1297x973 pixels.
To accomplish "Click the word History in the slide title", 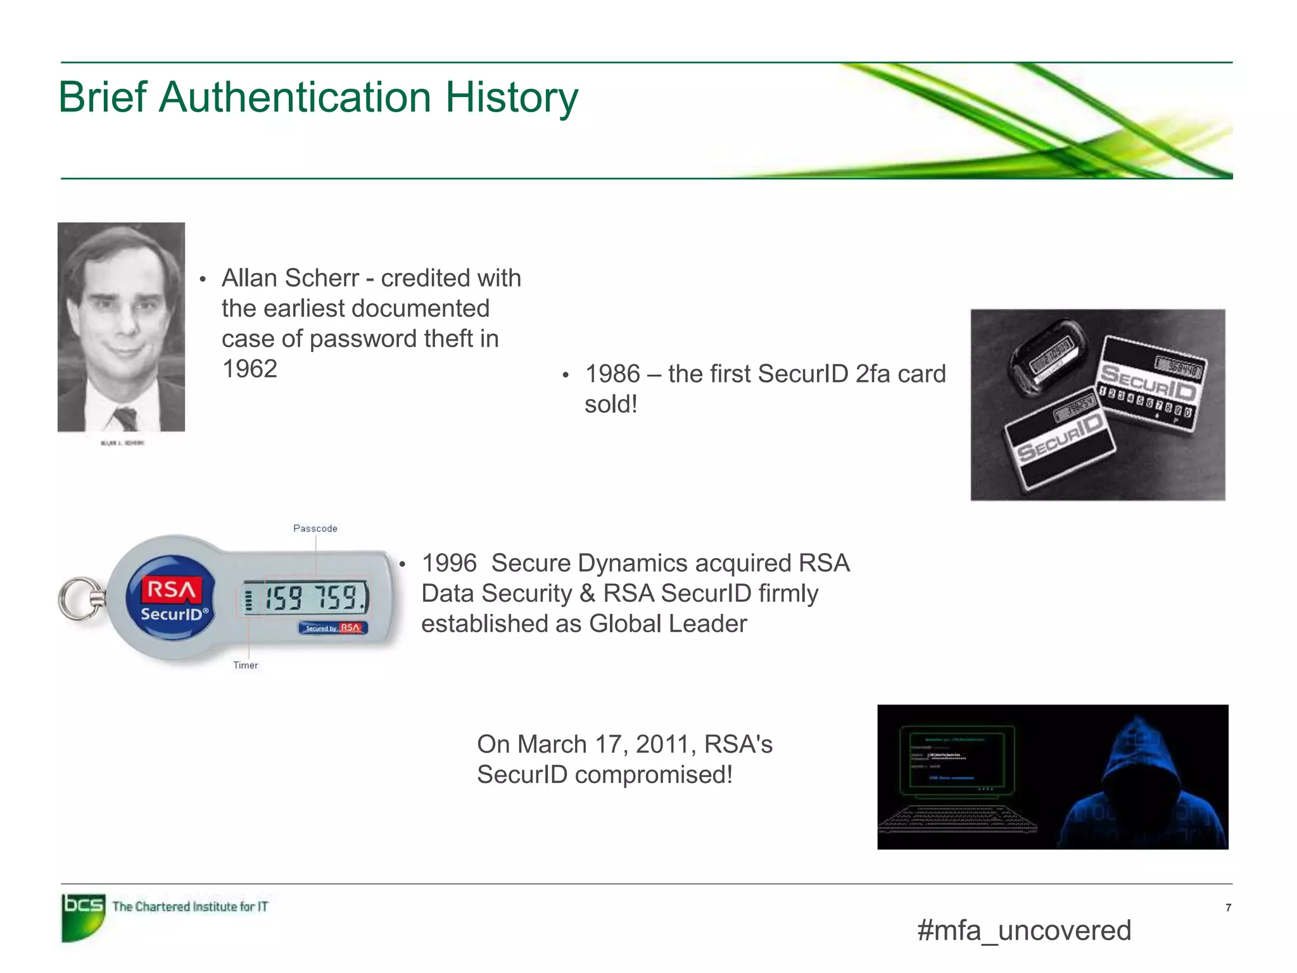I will click(x=511, y=98).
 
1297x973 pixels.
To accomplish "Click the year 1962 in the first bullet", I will click(x=250, y=369).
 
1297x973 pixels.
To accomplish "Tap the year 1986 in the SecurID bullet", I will click(x=612, y=374).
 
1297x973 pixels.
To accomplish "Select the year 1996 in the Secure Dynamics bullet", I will click(x=449, y=563).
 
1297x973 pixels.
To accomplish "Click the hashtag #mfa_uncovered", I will click(x=1024, y=931).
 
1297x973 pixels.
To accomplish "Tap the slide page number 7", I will click(x=1228, y=908).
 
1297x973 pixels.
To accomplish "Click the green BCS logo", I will click(x=83, y=916).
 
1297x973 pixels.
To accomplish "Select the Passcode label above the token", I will click(x=315, y=528).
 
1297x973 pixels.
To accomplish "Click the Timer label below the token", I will click(x=245, y=665).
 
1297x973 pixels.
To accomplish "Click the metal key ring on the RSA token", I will click(x=79, y=598).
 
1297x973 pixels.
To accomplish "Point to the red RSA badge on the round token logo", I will click(x=171, y=589).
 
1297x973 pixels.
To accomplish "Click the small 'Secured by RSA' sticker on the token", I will click(x=333, y=628).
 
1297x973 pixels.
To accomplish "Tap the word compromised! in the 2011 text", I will click(x=654, y=775).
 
